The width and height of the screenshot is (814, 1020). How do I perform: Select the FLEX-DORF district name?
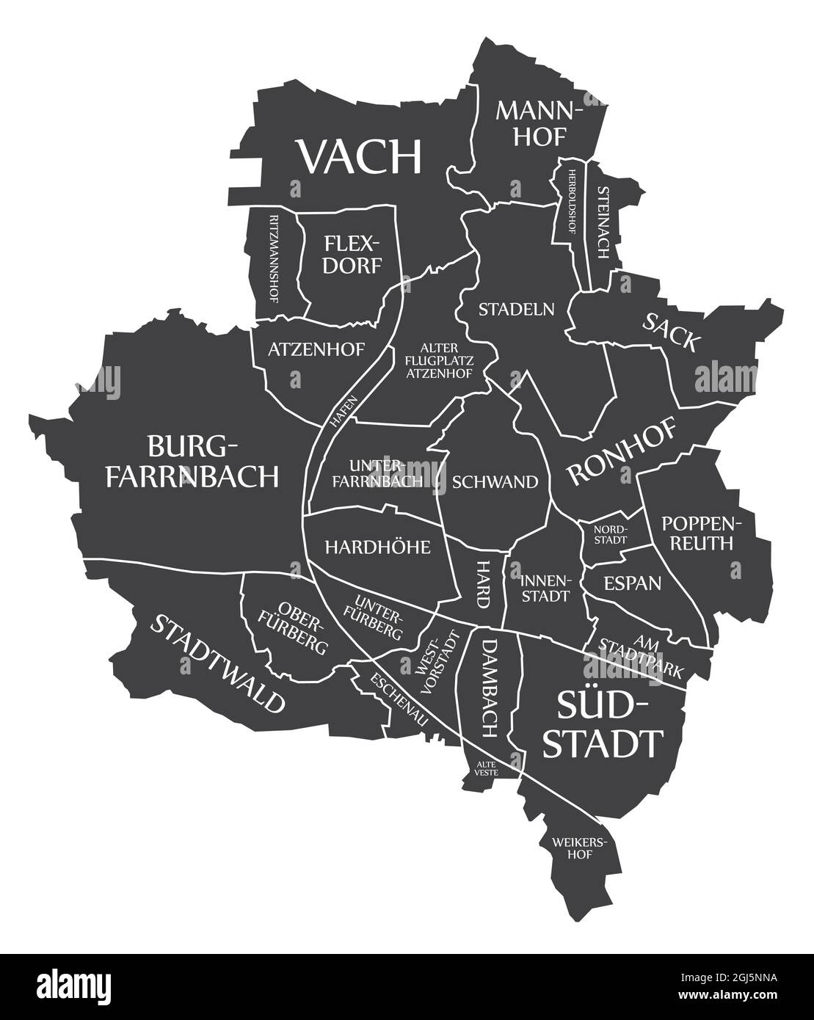[353, 253]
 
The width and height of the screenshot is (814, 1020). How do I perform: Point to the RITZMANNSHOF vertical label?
[274, 258]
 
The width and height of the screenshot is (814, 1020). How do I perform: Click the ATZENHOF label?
[316, 349]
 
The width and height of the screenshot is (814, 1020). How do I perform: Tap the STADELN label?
[516, 309]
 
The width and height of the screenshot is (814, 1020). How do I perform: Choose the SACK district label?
[672, 332]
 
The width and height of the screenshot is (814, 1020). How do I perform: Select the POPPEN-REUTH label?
[697, 533]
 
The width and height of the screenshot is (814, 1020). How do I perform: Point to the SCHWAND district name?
[495, 481]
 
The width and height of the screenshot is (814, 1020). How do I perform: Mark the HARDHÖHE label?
[377, 547]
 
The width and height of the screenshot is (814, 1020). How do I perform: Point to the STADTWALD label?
[217, 663]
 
